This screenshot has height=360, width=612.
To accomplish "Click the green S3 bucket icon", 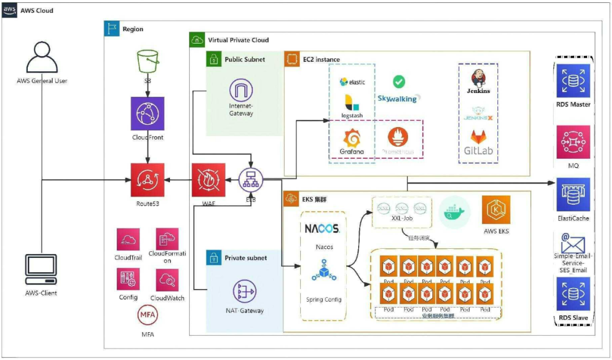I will pyautogui.click(x=147, y=61).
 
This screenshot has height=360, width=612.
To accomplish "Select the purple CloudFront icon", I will pyautogui.click(x=147, y=113).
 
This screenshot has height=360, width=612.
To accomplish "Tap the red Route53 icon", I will pyautogui.click(x=147, y=180).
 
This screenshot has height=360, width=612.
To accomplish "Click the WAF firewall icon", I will pyautogui.click(x=208, y=180).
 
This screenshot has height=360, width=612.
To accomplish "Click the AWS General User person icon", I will pyautogui.click(x=42, y=57).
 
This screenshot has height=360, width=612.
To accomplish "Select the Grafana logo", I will pyautogui.click(x=352, y=138).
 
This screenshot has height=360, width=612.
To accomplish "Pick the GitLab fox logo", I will pyautogui.click(x=477, y=139).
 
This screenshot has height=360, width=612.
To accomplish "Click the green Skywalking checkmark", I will pyautogui.click(x=399, y=82).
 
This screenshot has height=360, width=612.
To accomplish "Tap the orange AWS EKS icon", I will pyautogui.click(x=496, y=210).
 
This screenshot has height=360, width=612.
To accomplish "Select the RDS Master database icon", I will pyautogui.click(x=573, y=81).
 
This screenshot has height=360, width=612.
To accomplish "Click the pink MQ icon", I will pyautogui.click(x=573, y=142).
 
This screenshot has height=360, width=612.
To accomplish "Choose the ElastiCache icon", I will pyautogui.click(x=573, y=194).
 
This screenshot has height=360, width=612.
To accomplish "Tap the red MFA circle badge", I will pyautogui.click(x=147, y=315).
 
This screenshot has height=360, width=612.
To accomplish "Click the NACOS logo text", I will pyautogui.click(x=321, y=229).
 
